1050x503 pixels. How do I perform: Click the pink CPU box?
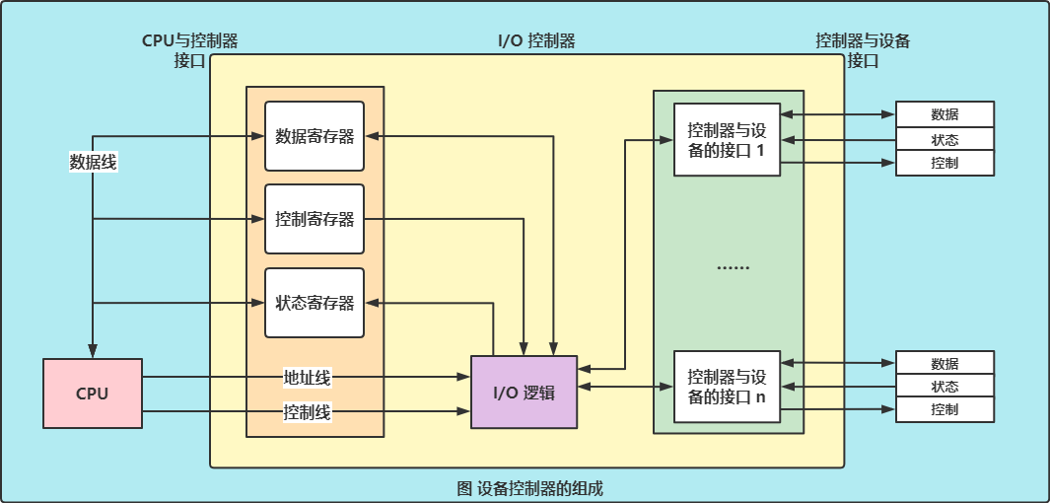[93, 394]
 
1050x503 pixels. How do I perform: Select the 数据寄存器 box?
[315, 136]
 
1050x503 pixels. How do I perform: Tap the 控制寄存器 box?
[315, 219]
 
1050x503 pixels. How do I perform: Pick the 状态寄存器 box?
[315, 303]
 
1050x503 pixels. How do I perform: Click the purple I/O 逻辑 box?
[524, 392]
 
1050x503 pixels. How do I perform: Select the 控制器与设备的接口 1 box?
[727, 139]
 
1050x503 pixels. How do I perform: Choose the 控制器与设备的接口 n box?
[727, 386]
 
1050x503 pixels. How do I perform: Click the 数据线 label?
[93, 163]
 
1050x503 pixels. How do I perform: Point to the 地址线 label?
[307, 377]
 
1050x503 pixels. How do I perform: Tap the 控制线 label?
[307, 411]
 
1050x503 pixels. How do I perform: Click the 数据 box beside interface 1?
[945, 114]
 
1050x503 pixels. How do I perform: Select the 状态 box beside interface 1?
[945, 139]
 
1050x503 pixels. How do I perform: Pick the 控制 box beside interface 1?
[945, 163]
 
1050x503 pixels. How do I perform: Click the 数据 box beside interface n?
[945, 363]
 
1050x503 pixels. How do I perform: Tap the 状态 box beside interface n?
[945, 387]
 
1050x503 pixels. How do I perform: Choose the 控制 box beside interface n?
[945, 409]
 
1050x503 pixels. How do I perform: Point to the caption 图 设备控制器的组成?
[529, 488]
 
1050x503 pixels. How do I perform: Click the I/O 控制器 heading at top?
[537, 41]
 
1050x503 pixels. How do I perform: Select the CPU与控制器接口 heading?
[190, 50]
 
